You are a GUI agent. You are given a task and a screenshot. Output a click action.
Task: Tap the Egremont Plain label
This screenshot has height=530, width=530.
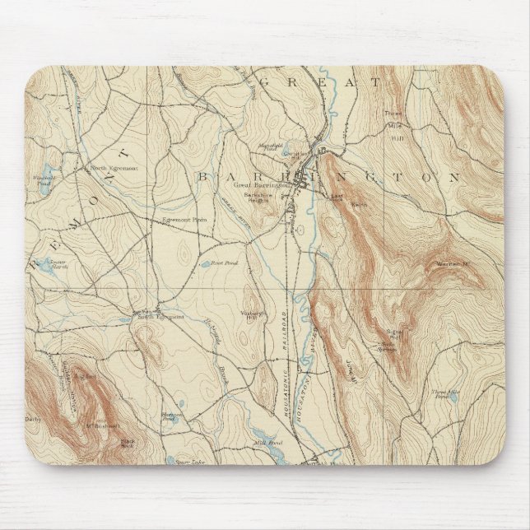tap(182, 220)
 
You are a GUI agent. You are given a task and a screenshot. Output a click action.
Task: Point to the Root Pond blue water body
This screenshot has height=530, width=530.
tap(204, 265)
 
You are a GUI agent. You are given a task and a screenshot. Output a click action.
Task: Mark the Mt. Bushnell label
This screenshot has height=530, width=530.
tap(101, 425)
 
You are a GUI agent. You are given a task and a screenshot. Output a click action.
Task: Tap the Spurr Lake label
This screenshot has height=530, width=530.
tap(190, 463)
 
